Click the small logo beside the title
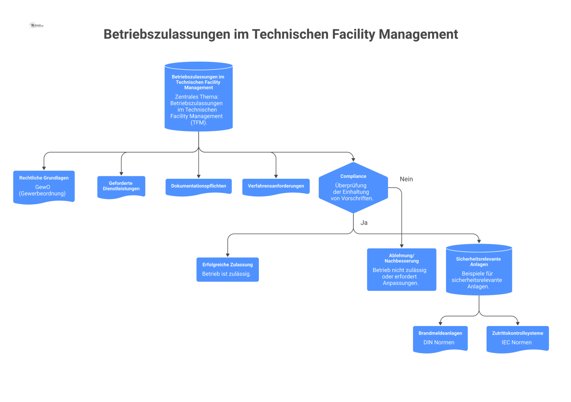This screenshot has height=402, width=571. [x=36, y=25]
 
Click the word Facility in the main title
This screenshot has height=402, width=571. [x=353, y=34]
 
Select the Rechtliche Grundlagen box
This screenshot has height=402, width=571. [x=44, y=187]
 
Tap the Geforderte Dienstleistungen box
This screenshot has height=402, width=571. [x=121, y=187]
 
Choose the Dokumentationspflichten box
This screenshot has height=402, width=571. [x=199, y=187]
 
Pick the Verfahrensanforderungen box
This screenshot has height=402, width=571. [x=276, y=187]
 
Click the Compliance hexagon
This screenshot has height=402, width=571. [x=353, y=187]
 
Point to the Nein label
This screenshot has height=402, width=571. [x=406, y=179]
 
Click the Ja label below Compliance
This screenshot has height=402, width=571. [x=364, y=223]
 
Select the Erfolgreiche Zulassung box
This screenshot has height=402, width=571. [x=228, y=269]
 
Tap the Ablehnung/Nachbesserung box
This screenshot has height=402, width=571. [x=402, y=269]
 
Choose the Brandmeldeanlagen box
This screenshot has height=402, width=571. [x=440, y=339]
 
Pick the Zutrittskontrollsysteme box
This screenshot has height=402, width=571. [x=517, y=339]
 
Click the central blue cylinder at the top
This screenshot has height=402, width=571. [x=199, y=97]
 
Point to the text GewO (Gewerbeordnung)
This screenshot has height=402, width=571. [x=43, y=190]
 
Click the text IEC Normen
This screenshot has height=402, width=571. [x=516, y=342]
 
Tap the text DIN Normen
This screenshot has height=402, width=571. [x=439, y=342]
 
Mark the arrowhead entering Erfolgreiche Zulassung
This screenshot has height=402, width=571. [x=228, y=255]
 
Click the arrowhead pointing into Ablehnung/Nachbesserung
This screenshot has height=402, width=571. [x=402, y=246]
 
